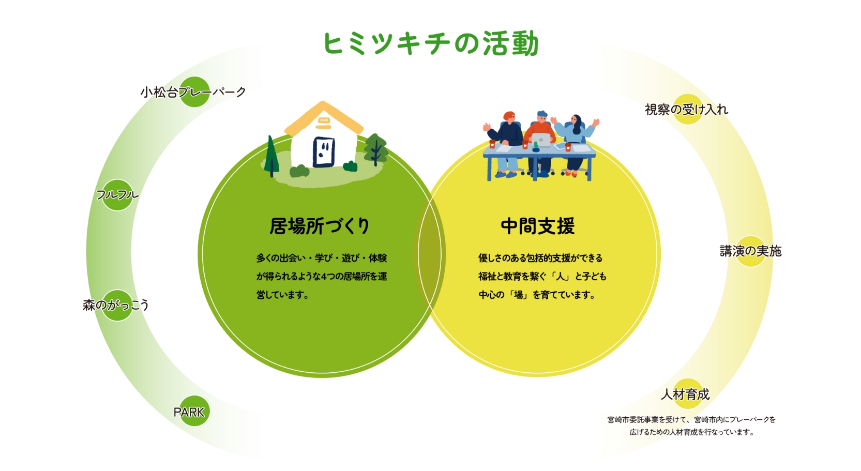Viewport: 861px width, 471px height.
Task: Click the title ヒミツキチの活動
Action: click(x=430, y=43)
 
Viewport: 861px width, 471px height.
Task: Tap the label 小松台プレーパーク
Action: click(x=193, y=92)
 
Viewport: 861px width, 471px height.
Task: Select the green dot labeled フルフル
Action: click(x=117, y=195)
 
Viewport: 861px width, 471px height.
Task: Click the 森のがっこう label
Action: click(x=116, y=305)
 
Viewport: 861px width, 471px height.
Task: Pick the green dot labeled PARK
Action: click(x=194, y=411)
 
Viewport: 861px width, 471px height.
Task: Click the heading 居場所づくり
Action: click(x=320, y=226)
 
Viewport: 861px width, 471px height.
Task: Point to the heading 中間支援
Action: click(x=538, y=226)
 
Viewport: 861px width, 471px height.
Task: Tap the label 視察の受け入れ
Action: click(x=687, y=110)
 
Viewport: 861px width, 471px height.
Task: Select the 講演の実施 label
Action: click(x=751, y=251)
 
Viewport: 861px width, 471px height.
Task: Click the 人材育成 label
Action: click(x=685, y=394)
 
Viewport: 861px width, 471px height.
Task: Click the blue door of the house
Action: click(x=324, y=152)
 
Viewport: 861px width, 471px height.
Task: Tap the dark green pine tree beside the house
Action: click(x=272, y=156)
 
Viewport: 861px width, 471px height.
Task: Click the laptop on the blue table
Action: click(x=541, y=140)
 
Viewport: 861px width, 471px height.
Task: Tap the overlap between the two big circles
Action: click(x=430, y=254)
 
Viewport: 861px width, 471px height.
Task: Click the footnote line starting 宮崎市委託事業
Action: click(x=691, y=419)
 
